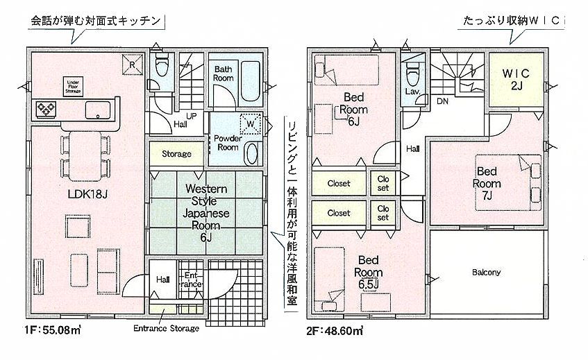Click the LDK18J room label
coord(87,194)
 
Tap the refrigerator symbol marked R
coord(133,65)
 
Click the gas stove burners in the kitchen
coord(46,109)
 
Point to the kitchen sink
coord(98,110)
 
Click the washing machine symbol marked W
coord(250,123)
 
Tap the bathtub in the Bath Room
coord(250,81)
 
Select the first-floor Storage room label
coord(176,153)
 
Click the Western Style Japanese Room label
coord(206,213)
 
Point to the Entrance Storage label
coord(166,329)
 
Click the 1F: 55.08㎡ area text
coord(53,330)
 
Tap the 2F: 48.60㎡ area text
coord(335,331)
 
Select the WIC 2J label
coord(516,79)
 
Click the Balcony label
coord(487,273)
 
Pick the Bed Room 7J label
coord(487,183)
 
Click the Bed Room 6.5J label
coord(368,272)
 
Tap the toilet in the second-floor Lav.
coord(412,72)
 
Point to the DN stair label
coord(442,101)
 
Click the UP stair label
coord(191,116)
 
